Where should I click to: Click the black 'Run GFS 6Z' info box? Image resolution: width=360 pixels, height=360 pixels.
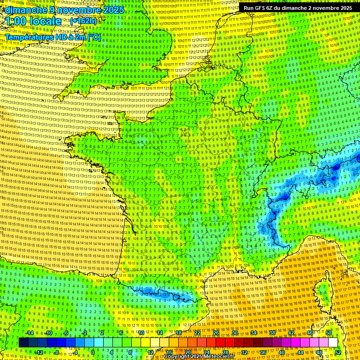[x=298, y=8]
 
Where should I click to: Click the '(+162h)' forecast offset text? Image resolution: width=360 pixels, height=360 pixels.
[x=83, y=21]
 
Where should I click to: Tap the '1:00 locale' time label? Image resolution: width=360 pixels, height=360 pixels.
[x=33, y=21]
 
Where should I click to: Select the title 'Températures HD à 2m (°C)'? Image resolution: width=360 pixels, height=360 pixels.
[x=53, y=37]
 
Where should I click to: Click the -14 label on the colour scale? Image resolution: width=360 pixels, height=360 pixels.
[x=30, y=333]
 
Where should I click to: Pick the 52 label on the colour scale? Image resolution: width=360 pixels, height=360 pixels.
[x=338, y=352]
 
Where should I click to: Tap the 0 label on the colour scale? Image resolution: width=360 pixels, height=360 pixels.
[x=93, y=352]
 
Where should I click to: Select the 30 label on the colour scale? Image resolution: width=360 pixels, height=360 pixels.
[x=235, y=333]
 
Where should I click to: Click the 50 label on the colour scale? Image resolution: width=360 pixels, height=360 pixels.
[x=328, y=333]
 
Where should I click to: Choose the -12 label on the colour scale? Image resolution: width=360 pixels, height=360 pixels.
[x=39, y=352]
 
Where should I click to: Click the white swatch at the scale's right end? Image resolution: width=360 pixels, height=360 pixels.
[x=333, y=343]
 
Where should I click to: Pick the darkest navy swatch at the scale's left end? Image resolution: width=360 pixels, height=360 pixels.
[x=23, y=343]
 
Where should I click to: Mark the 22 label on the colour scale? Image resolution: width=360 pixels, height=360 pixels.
[x=197, y=333]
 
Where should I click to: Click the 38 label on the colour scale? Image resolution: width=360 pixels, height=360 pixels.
[x=272, y=333]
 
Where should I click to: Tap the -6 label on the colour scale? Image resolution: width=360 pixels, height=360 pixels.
[x=67, y=333]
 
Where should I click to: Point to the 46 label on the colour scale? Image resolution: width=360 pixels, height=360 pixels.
[x=309, y=333]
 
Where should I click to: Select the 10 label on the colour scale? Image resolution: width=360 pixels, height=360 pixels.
[x=141, y=333]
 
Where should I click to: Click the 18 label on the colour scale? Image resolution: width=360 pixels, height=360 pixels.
[x=179, y=333]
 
